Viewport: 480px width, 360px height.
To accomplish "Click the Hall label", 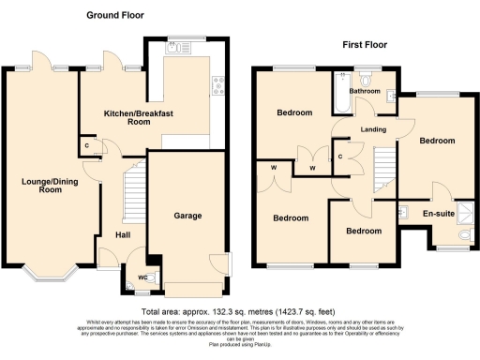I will point(123,234).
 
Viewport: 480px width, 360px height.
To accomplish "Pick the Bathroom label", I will point(364,91).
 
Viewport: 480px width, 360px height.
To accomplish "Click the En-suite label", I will point(439,215).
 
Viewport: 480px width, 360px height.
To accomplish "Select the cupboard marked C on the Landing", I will point(339,156).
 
